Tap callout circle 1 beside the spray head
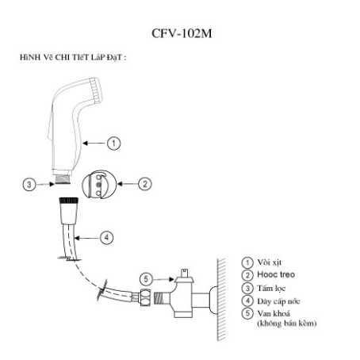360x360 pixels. point(114,143)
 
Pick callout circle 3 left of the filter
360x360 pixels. point(30,184)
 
